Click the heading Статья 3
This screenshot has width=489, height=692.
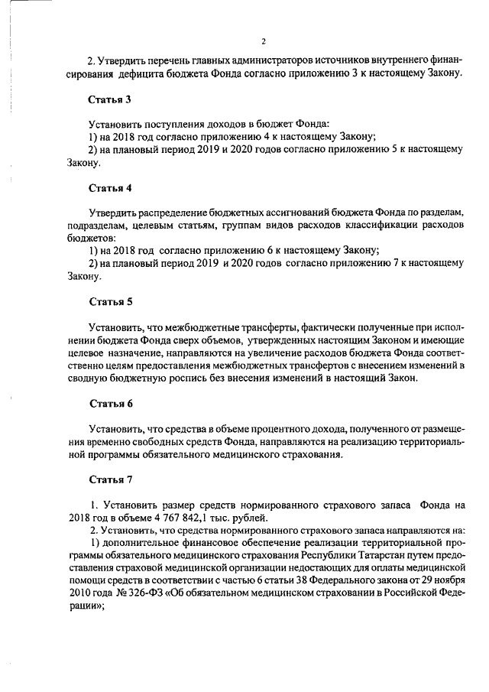[111, 100]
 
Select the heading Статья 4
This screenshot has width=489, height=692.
[111, 187]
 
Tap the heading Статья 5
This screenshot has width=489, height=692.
[111, 301]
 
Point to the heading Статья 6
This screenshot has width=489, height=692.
[111, 402]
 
